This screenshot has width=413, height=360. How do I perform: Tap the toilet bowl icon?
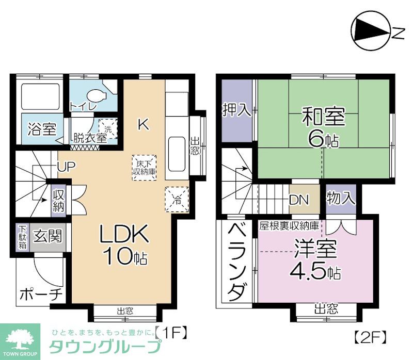point(97,96)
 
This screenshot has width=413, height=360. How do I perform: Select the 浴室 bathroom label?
point(41,128)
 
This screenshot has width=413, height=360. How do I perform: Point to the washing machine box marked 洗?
point(108,127)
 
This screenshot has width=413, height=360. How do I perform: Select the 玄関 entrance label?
point(47,237)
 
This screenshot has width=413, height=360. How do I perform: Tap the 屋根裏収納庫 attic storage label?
point(289,225)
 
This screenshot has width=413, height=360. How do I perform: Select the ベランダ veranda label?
point(235,263)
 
